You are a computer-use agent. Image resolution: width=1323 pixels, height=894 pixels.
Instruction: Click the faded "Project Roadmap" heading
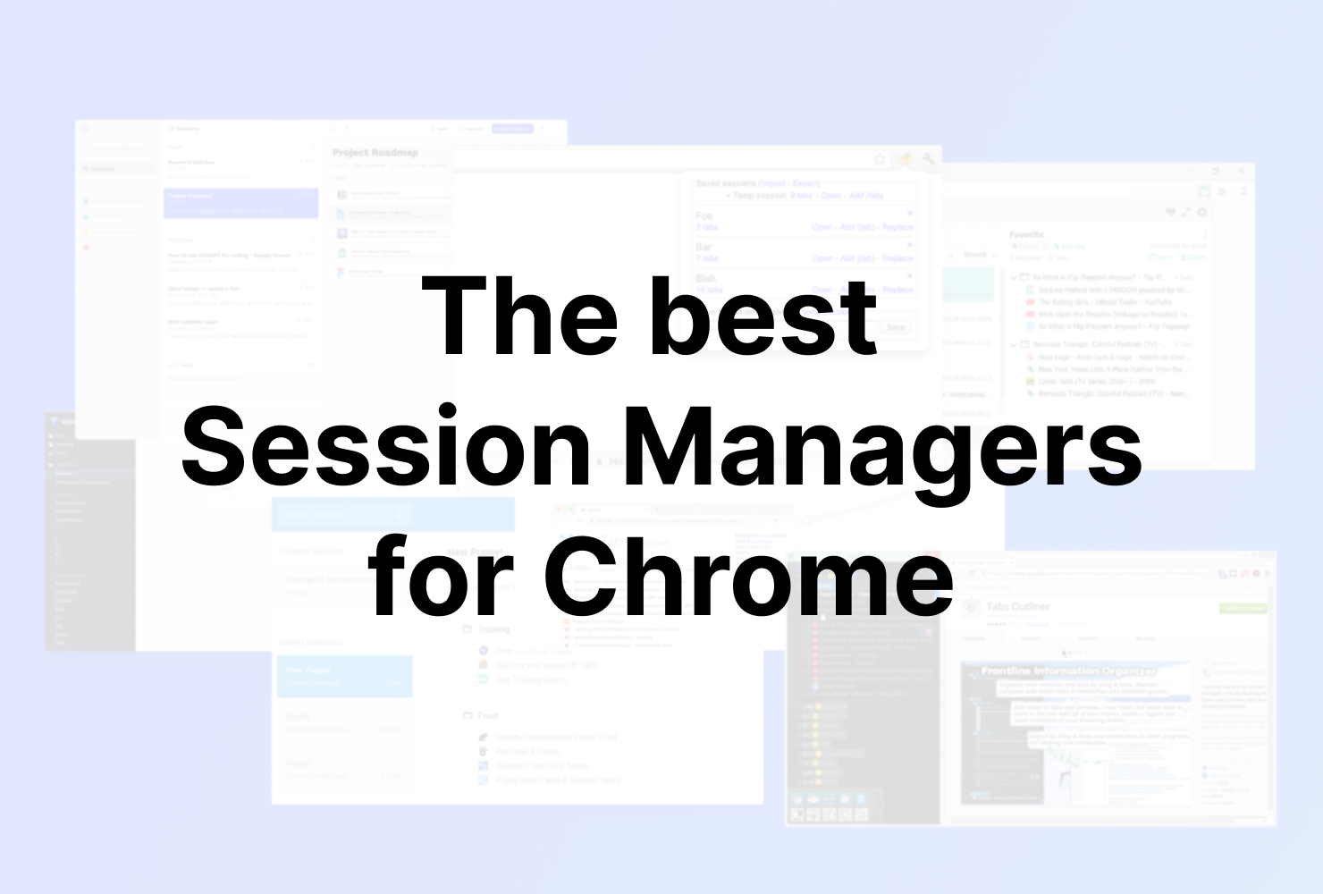(x=375, y=153)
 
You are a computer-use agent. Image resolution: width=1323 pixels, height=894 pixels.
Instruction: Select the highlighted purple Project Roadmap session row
(x=240, y=203)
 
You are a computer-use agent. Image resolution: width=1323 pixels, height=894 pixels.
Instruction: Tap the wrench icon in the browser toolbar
(x=929, y=159)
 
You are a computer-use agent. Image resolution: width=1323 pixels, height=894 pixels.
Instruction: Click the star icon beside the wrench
(x=880, y=159)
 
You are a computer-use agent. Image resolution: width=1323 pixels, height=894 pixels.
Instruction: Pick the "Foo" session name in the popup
(x=704, y=215)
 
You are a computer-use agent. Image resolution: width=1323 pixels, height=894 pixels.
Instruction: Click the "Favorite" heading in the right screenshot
(x=1026, y=234)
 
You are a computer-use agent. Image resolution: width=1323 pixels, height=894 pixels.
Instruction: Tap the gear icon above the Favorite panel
(x=1202, y=213)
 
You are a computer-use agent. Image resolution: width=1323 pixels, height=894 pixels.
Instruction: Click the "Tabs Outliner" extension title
(x=1017, y=607)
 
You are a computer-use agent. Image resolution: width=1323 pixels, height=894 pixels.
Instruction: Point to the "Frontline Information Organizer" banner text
(x=1068, y=670)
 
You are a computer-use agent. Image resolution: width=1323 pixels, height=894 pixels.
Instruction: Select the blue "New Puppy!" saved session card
(x=344, y=676)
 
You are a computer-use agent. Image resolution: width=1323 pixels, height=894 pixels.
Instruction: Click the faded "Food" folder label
(x=488, y=716)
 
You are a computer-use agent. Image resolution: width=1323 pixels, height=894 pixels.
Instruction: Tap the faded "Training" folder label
(x=493, y=629)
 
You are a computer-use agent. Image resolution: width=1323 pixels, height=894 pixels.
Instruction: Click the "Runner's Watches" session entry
(x=191, y=163)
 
